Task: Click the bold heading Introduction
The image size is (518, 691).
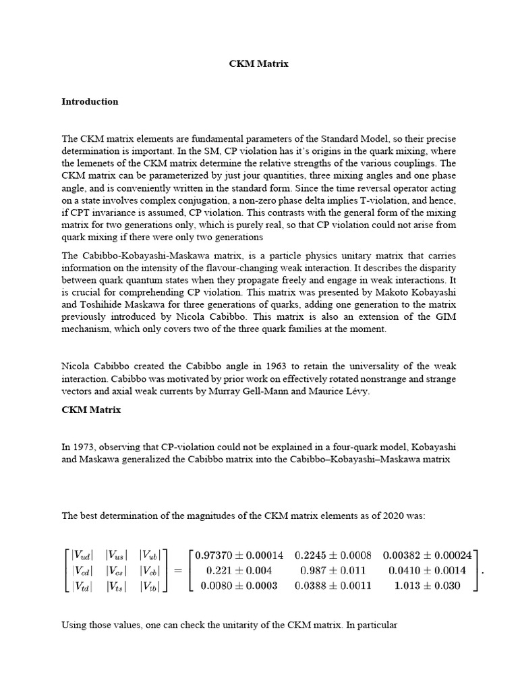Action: [x=90, y=102]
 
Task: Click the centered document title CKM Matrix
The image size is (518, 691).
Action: [x=258, y=64]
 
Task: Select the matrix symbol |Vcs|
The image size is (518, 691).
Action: [x=119, y=571]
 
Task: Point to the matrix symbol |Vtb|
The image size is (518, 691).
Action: [x=152, y=586]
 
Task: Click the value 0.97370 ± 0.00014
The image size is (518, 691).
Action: [x=239, y=556]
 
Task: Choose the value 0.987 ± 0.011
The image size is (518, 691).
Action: [x=333, y=571]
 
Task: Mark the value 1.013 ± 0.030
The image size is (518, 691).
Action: [x=427, y=586]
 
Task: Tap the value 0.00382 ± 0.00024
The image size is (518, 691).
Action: [x=427, y=556]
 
